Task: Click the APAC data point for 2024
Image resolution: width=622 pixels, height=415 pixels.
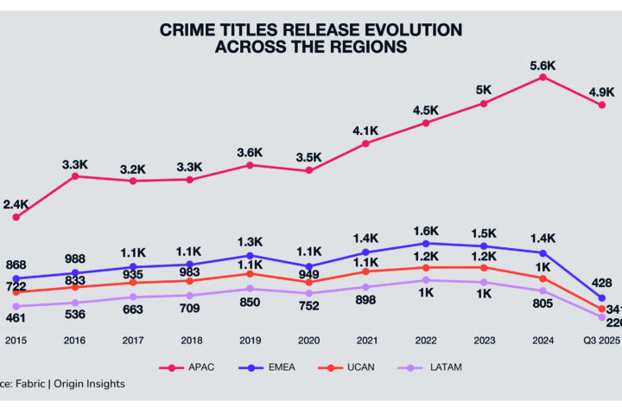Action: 543,77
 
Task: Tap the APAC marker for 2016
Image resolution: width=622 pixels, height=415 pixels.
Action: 75,176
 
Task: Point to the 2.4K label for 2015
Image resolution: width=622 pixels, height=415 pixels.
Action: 16,204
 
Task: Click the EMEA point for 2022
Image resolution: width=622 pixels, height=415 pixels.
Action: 425,244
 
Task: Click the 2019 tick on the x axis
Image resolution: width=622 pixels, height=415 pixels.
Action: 250,342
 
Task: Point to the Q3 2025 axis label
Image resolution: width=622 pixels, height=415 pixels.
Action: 601,342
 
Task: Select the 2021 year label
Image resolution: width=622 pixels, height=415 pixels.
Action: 366,342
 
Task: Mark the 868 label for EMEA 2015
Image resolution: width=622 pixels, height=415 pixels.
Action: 16,265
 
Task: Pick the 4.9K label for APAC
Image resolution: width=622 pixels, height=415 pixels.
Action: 601,91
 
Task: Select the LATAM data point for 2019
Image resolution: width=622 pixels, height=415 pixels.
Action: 250,289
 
